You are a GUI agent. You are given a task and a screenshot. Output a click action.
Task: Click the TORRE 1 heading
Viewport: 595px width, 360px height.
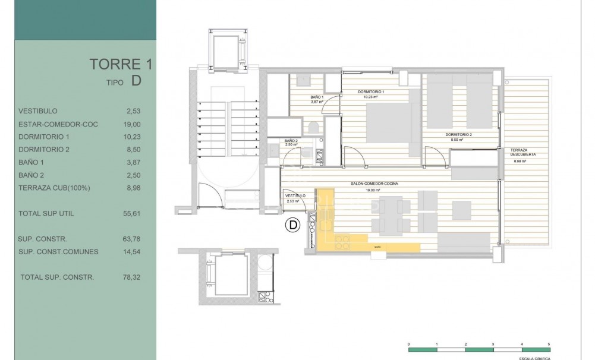point(115,64)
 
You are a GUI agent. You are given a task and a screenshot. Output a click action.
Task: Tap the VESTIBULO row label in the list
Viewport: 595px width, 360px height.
point(38,111)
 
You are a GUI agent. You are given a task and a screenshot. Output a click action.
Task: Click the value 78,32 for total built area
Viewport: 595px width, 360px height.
point(132,277)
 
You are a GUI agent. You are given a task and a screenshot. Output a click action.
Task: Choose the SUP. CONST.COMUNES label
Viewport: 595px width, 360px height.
point(58,251)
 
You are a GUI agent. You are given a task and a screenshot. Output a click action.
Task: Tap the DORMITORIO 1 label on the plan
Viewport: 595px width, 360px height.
point(371,92)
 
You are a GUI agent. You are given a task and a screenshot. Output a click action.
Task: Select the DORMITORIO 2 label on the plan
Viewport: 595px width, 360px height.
point(458,135)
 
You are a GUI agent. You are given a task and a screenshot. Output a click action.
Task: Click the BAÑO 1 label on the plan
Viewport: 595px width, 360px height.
point(317,97)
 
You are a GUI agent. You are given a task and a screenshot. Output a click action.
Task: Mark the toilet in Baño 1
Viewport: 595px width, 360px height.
point(313,127)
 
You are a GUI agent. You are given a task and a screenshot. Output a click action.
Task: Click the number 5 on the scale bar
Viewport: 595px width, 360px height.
point(549,344)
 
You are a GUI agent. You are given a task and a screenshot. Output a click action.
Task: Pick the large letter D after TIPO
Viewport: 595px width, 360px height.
point(136,81)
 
